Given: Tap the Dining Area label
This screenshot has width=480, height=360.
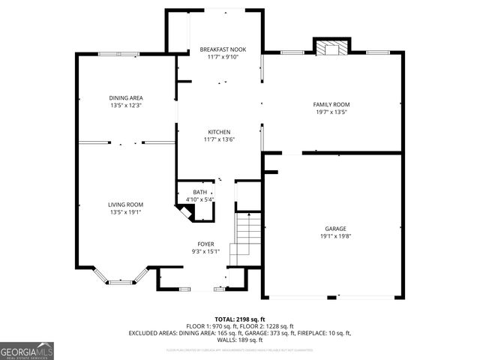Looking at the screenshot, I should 125,98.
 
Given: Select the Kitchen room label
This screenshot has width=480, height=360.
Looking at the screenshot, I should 218,132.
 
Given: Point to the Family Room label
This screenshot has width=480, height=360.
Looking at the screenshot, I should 331,104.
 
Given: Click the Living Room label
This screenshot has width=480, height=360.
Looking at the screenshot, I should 125,205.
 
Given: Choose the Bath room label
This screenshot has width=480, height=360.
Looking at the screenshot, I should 199,192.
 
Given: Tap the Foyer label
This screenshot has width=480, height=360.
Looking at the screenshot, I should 205,244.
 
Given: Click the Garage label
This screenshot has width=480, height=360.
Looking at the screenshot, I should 335,228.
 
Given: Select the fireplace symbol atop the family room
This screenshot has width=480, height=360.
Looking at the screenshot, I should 330,49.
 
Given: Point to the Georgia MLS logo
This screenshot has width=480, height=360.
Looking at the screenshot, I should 27,350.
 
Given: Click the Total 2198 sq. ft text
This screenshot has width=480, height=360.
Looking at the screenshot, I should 240,319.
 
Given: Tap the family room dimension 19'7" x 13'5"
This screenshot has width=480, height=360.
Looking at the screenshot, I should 331,112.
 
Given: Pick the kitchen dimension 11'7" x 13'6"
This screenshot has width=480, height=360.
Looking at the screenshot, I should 218,139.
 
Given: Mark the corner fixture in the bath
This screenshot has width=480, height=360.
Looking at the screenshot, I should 184,211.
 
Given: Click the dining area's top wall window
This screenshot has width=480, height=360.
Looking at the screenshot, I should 118,53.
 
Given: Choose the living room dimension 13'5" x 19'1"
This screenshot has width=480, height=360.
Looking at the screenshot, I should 125,212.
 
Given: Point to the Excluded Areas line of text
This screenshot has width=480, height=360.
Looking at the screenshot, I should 240,332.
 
